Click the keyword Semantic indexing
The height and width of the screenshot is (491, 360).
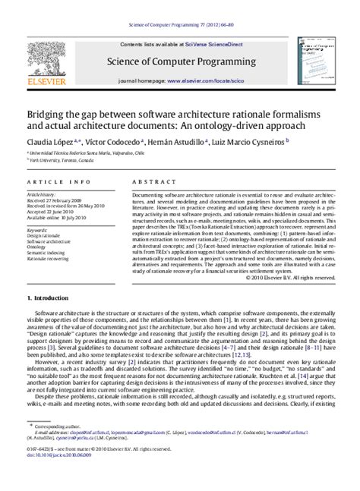[x=47, y=251]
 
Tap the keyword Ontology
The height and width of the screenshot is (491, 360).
[x=37, y=245]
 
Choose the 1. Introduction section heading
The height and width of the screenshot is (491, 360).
[x=51, y=320]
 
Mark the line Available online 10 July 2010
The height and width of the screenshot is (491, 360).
[x=58, y=219]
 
